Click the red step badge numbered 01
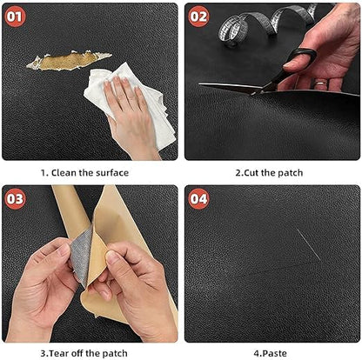pyautogui.click(x=15, y=17)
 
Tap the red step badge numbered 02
pyautogui.click(x=198, y=17)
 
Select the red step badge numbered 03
pyautogui.click(x=15, y=199)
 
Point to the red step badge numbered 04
pyautogui.click(x=198, y=199)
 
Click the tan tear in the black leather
pyautogui.click(x=69, y=61)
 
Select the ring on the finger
pyautogui.click(x=321, y=83)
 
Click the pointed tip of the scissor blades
pyautogui.click(x=199, y=84)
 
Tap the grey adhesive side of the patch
pyautogui.click(x=83, y=255)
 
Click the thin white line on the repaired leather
pyautogui.click(x=308, y=244)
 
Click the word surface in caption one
pyautogui.click(x=112, y=173)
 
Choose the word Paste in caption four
pyautogui.click(x=274, y=354)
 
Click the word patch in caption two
pyautogui.click(x=291, y=173)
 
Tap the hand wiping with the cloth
pyautogui.click(x=131, y=116)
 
